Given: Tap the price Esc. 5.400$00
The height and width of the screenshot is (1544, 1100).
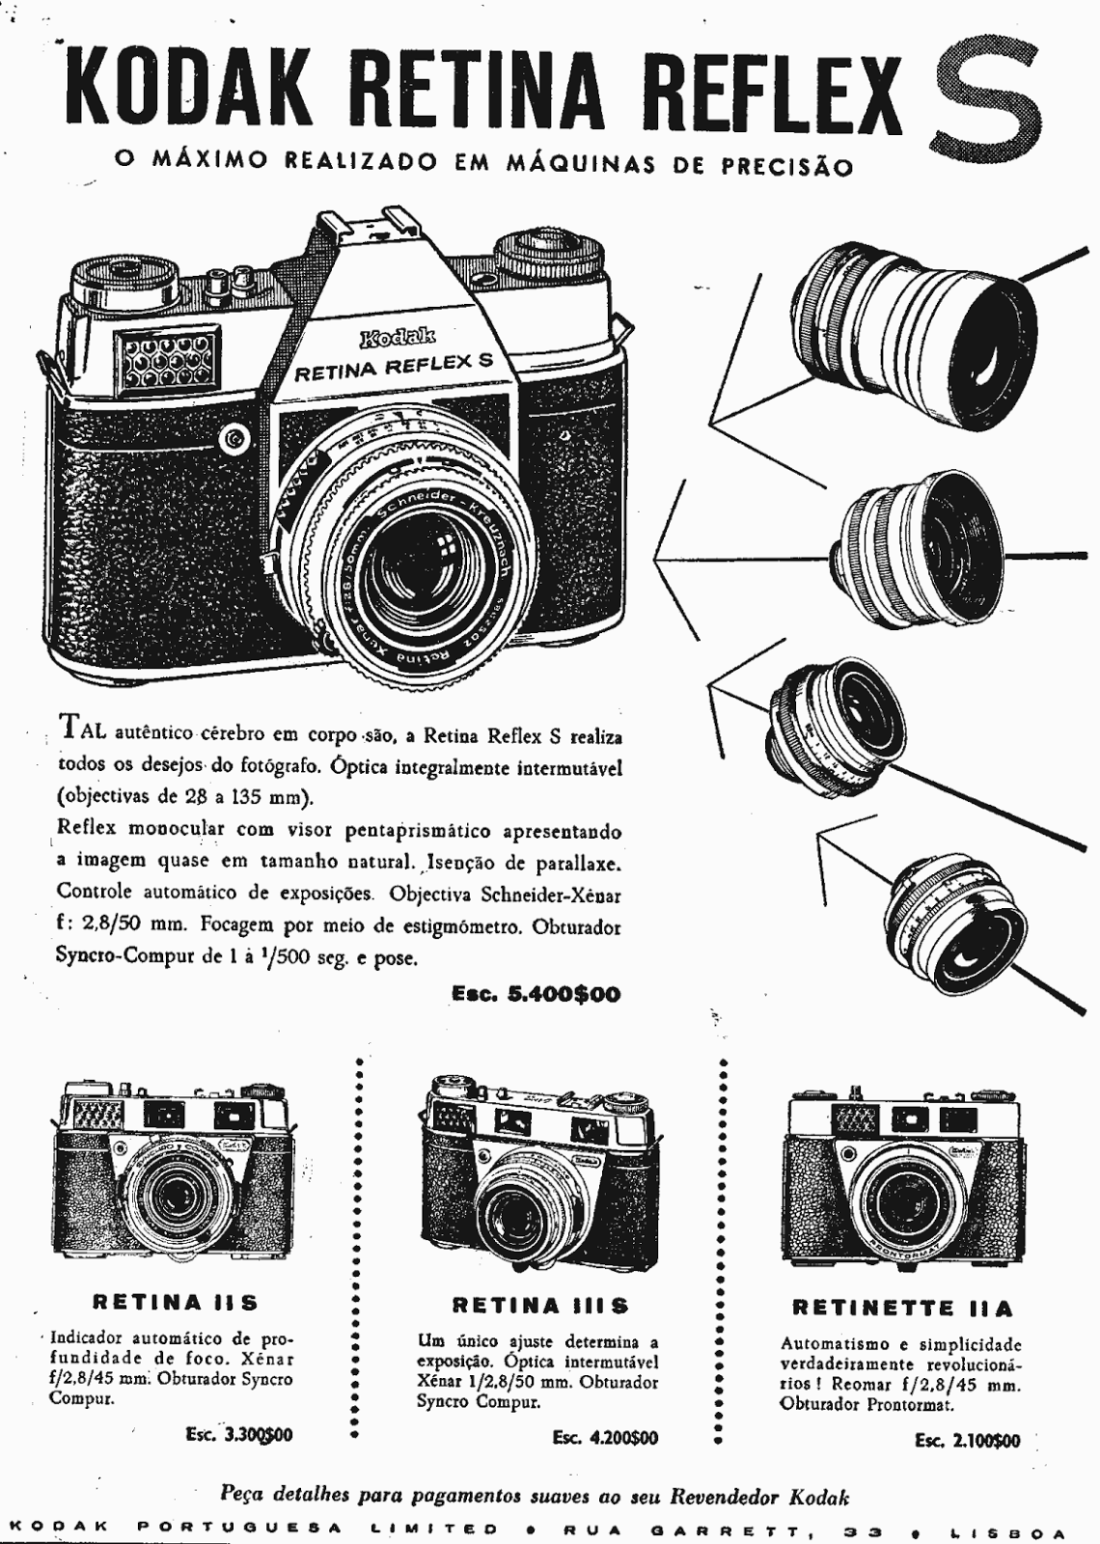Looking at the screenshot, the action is click(536, 995).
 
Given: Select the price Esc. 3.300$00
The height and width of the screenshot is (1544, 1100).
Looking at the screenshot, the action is click(239, 1434).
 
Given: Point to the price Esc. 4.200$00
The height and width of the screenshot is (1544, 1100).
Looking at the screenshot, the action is click(605, 1437).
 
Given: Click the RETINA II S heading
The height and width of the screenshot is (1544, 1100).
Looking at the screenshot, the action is click(175, 1302).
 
